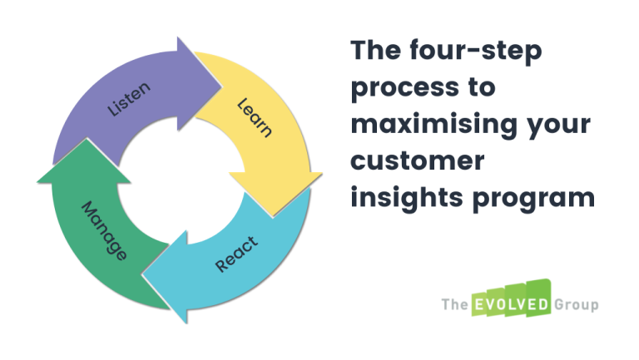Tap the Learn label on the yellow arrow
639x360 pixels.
(255, 118)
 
